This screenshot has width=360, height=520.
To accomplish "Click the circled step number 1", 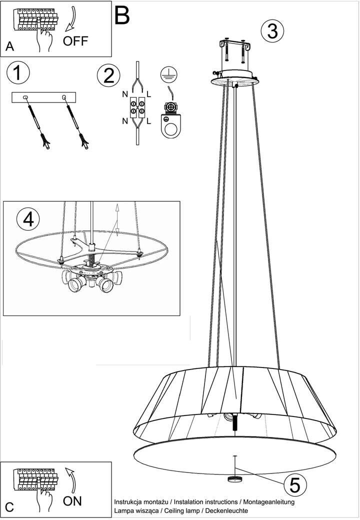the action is click(x=18, y=72).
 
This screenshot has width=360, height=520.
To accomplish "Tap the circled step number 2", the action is click(x=108, y=75).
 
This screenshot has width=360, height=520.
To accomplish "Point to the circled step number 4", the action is click(x=28, y=219).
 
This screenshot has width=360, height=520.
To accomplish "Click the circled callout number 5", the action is click(x=294, y=485).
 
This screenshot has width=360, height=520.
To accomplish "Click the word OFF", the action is click(x=75, y=41).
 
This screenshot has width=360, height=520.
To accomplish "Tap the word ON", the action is click(x=72, y=501).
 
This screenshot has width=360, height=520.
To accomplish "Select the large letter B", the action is click(x=121, y=15).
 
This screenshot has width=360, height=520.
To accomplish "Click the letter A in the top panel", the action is click(x=10, y=46).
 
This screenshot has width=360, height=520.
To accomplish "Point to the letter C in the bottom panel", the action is click(x=9, y=507).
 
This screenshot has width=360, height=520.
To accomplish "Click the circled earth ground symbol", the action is click(x=168, y=74).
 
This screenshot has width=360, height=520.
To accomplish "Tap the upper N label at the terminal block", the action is click(x=125, y=94).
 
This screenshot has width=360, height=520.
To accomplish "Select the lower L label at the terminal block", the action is click(x=149, y=121).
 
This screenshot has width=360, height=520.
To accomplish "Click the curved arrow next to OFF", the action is click(x=71, y=19).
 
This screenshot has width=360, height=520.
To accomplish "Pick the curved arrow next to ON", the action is click(x=71, y=480).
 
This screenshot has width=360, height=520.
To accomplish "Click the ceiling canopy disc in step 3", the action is click(x=235, y=77).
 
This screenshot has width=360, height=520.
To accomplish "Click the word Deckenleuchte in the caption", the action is click(x=226, y=510).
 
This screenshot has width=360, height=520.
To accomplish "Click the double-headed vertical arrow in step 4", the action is click(x=116, y=220).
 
